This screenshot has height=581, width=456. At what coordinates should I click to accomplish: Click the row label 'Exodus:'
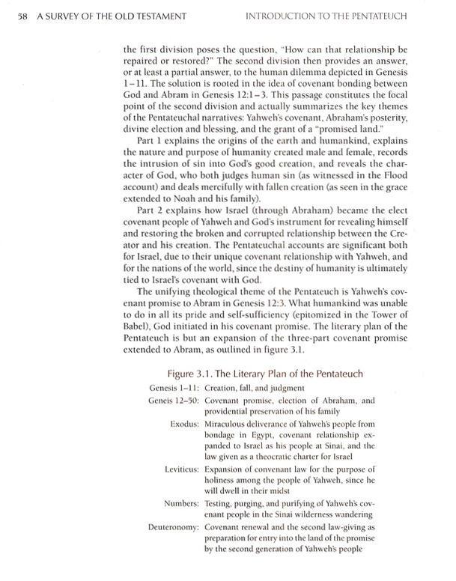click(182, 424)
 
